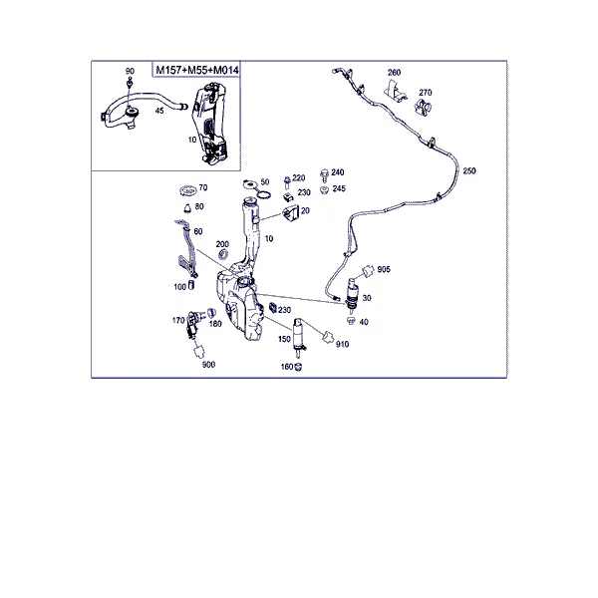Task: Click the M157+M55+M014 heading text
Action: [197, 70]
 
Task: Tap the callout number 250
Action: [469, 170]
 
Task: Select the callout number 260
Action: [394, 73]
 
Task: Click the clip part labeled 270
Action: [423, 107]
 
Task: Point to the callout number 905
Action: [384, 269]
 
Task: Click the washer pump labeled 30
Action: [352, 294]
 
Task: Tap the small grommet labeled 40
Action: [351, 321]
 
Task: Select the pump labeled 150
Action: [299, 337]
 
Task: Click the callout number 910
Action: [342, 345]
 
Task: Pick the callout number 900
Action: [208, 365]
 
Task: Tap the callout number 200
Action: [222, 244]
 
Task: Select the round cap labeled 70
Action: [187, 189]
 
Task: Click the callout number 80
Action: [199, 206]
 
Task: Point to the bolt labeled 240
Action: [325, 175]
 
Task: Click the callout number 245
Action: [339, 188]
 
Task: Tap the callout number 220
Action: [299, 178]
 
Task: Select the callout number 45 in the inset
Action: [159, 111]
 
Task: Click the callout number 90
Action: [130, 72]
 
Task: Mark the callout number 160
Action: [287, 367]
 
